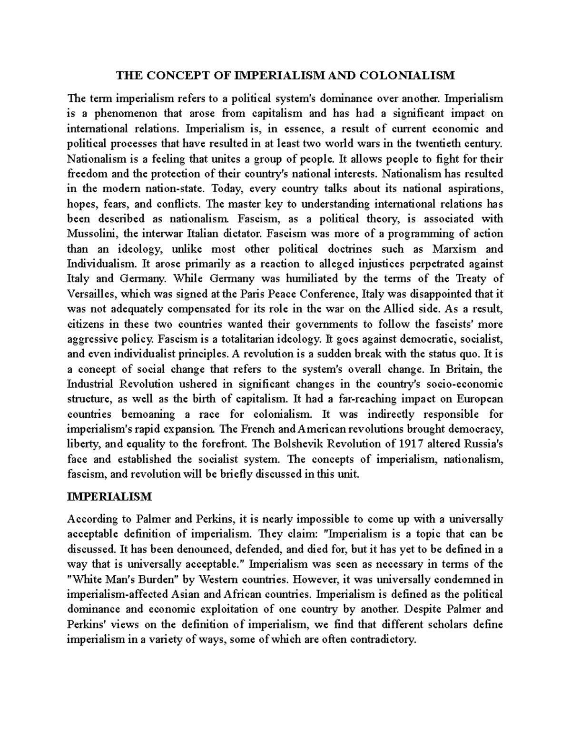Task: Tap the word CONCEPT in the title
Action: click(x=171, y=75)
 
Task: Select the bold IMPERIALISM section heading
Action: click(x=109, y=496)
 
